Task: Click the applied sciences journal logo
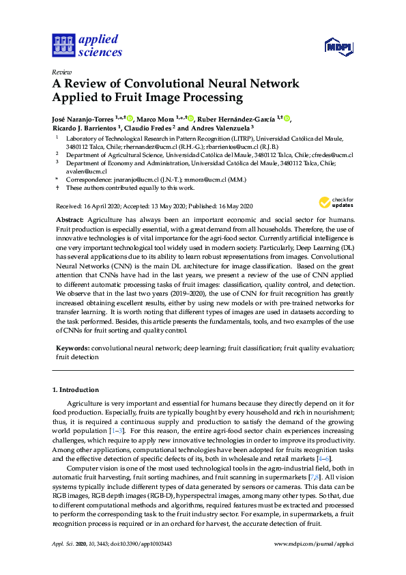[87, 45]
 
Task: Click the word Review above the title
[62, 71]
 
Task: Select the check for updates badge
[333, 202]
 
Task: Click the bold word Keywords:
[72, 348]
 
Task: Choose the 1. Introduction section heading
[76, 390]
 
